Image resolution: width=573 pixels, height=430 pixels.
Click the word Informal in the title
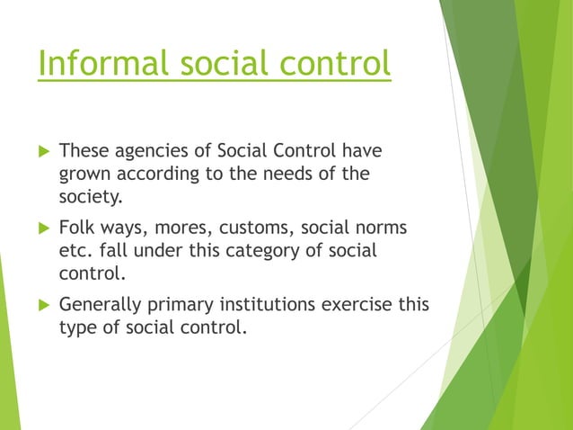[x=103, y=63]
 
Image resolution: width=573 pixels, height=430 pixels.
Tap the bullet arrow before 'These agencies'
[x=44, y=151]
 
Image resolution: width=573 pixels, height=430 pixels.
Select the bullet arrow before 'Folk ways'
[x=44, y=228]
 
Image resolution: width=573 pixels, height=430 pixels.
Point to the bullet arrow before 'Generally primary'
[x=44, y=304]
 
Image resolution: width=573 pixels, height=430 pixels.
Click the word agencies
[x=151, y=151]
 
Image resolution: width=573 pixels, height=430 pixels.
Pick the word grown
[x=84, y=175]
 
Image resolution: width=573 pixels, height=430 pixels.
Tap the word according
[x=158, y=174]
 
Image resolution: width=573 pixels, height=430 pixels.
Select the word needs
[x=287, y=174]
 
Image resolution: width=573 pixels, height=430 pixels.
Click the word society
[x=89, y=197]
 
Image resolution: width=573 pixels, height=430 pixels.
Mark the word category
[x=262, y=252]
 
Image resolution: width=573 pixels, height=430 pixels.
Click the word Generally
[x=100, y=305]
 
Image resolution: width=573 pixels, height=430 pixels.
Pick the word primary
[x=181, y=306]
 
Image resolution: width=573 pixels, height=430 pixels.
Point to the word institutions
[x=268, y=304]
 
